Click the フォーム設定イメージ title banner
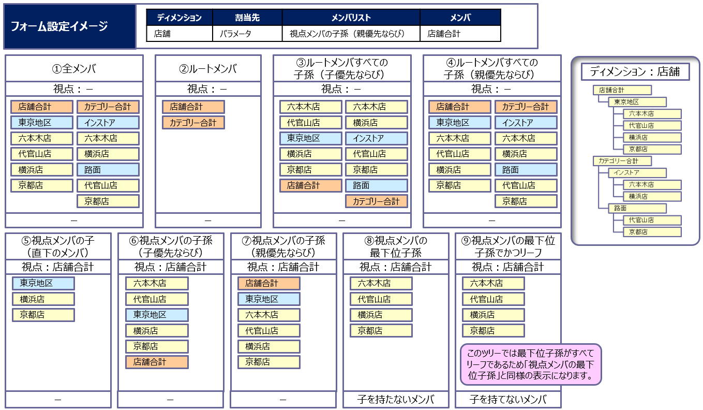(70, 26)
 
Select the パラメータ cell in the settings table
(247, 34)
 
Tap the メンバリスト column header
(351, 18)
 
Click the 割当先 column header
(247, 18)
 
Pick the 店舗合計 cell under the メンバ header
(460, 34)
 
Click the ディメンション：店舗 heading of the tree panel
(635, 72)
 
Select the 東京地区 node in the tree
(637, 102)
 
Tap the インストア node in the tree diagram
(637, 173)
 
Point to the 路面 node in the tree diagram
(637, 208)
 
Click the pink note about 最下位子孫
(531, 364)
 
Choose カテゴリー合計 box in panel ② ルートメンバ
(193, 123)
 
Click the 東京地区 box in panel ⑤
(43, 283)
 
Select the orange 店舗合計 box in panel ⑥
(157, 362)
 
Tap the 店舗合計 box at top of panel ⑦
(269, 283)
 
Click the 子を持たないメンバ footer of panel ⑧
(396, 400)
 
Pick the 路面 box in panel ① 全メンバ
(108, 170)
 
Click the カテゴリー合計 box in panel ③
(377, 201)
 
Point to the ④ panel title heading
(492, 68)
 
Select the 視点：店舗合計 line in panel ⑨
(508, 267)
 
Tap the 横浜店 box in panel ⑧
(381, 315)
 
